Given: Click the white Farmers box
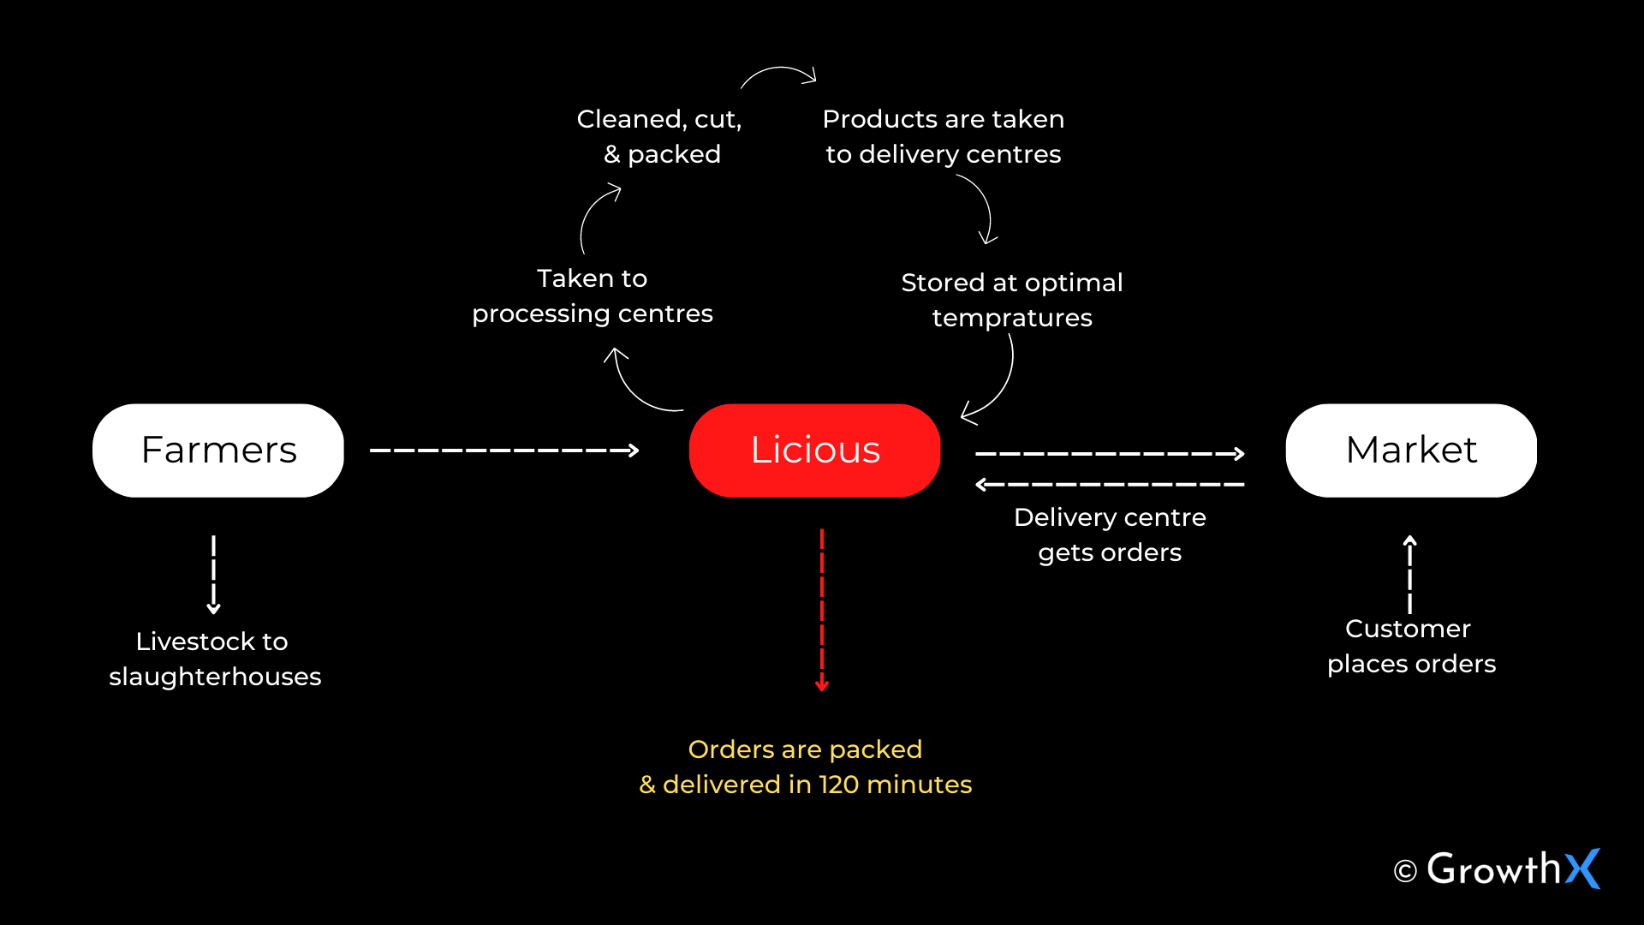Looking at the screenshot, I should [x=217, y=451].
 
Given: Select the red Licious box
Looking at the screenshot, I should [x=814, y=451].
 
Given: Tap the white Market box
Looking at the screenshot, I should [x=1410, y=451].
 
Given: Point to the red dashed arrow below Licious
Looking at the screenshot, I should [x=822, y=608].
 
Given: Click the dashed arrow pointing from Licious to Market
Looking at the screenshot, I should [x=1109, y=454].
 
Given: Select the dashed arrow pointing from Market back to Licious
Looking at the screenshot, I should [x=1109, y=485].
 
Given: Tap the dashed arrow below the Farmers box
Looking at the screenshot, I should [x=213, y=574].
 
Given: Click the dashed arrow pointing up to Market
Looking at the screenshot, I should [x=1409, y=574].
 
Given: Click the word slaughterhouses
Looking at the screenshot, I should [x=215, y=677].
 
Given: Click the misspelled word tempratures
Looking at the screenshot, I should [x=1011, y=318].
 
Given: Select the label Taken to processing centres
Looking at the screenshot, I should [x=592, y=296].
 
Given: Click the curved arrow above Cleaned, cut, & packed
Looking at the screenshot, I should [x=778, y=73].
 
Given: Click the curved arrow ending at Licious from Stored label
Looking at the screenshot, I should [x=998, y=386].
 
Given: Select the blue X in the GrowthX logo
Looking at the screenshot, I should [x=1582, y=868].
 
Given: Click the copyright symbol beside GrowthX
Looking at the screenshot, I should [x=1404, y=872].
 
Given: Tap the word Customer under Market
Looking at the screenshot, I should [x=1408, y=629].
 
